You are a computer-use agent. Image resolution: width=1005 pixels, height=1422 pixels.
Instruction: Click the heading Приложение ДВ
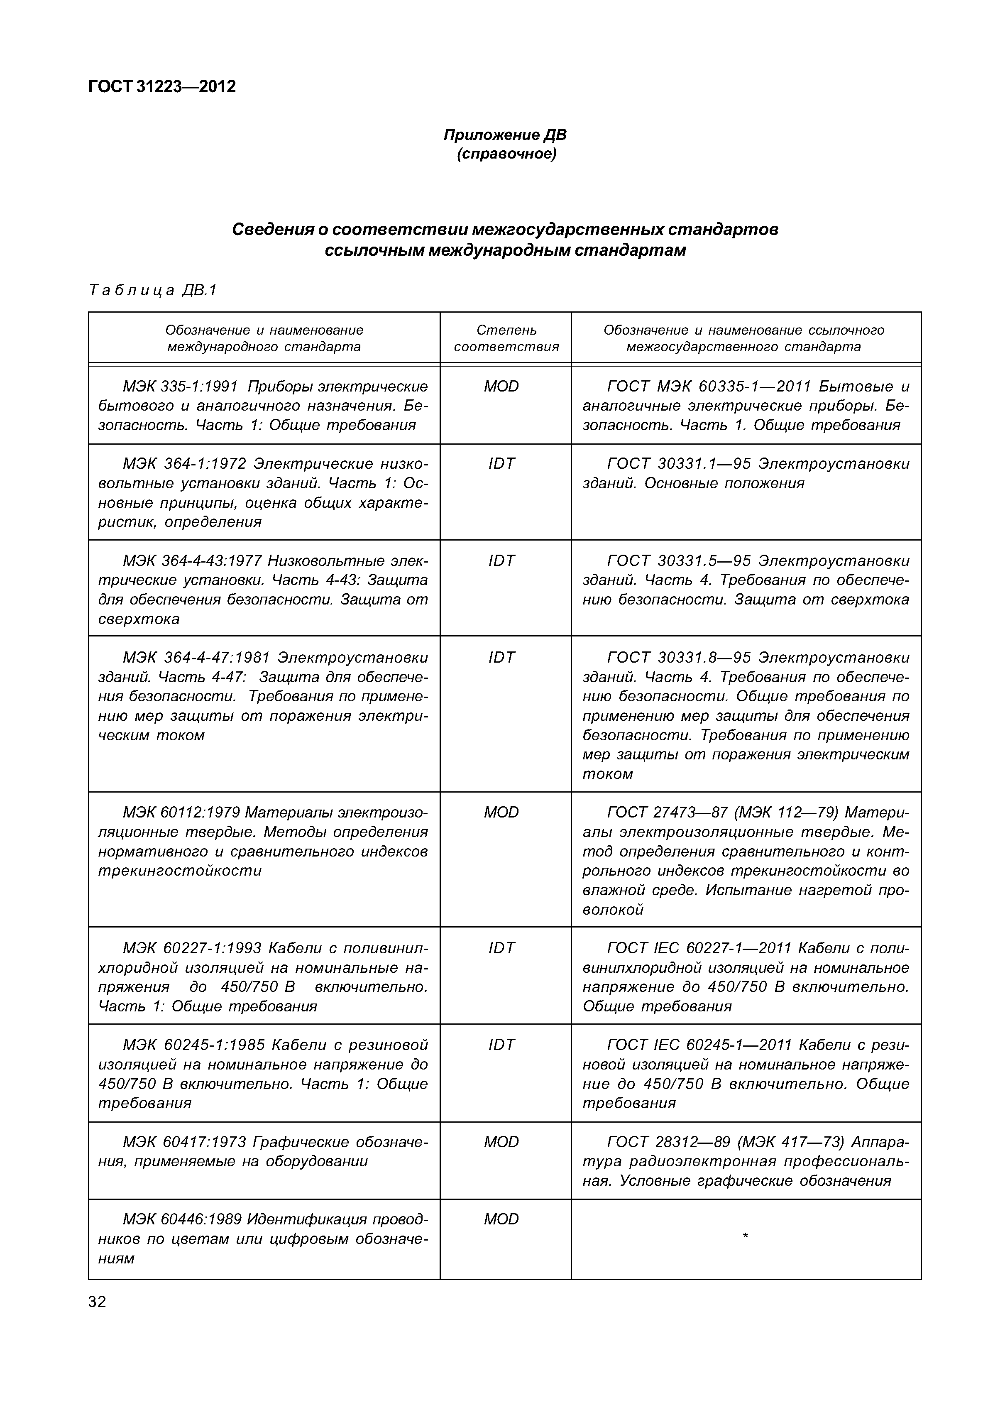click(505, 135)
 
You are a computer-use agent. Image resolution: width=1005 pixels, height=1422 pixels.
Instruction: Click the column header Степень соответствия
click(506, 338)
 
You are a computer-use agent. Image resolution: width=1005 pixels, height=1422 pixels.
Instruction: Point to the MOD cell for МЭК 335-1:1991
click(501, 387)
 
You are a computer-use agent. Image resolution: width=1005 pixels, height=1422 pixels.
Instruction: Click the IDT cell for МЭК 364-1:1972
click(501, 464)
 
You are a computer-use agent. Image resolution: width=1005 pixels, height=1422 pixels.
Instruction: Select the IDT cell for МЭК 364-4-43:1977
click(501, 560)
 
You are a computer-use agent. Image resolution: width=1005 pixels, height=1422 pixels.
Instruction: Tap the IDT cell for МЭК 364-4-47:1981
click(501, 657)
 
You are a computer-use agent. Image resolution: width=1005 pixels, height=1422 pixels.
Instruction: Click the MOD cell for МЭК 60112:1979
click(501, 812)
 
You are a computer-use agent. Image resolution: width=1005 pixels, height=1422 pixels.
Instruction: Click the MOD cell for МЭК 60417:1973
click(501, 1141)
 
